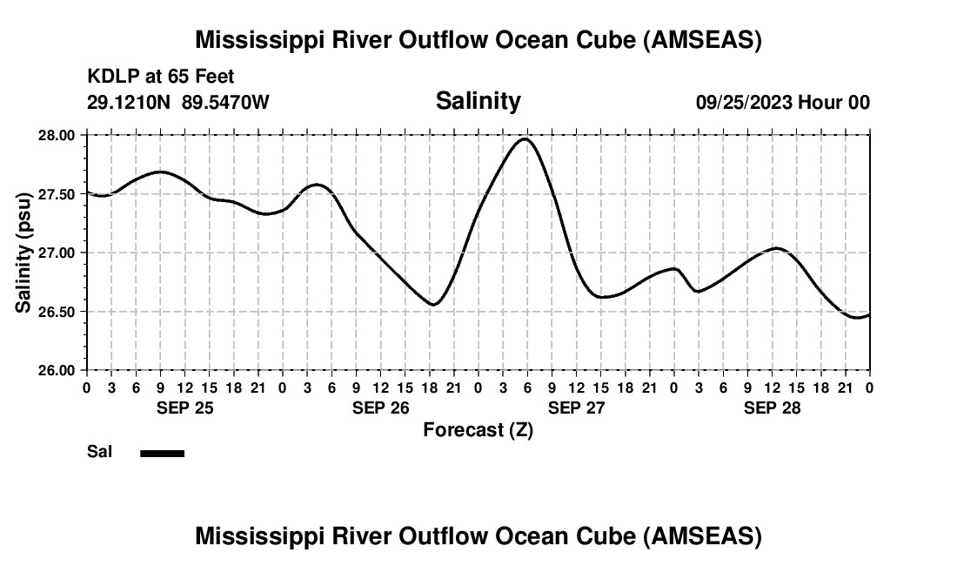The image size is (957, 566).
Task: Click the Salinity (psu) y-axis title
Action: pyautogui.click(x=23, y=253)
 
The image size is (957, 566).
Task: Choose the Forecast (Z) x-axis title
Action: pyautogui.click(x=478, y=430)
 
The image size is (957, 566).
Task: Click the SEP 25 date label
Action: pyautogui.click(x=184, y=408)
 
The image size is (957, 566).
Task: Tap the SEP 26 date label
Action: pyautogui.click(x=380, y=408)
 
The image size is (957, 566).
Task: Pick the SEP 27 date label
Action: pyautogui.click(x=576, y=408)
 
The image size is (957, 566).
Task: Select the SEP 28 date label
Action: pyautogui.click(x=772, y=408)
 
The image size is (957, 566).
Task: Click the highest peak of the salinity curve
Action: pyautogui.click(x=525, y=139)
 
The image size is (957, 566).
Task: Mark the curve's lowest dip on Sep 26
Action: pyautogui.click(x=432, y=304)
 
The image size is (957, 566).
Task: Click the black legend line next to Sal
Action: pyautogui.click(x=162, y=453)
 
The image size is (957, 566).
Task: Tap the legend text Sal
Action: pyautogui.click(x=99, y=452)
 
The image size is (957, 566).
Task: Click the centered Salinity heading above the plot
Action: pyautogui.click(x=478, y=101)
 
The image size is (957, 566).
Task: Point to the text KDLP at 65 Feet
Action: pyautogui.click(x=161, y=77)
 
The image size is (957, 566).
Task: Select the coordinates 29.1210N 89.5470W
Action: pyautogui.click(x=178, y=103)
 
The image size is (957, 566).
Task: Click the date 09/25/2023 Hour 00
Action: pyautogui.click(x=782, y=103)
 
